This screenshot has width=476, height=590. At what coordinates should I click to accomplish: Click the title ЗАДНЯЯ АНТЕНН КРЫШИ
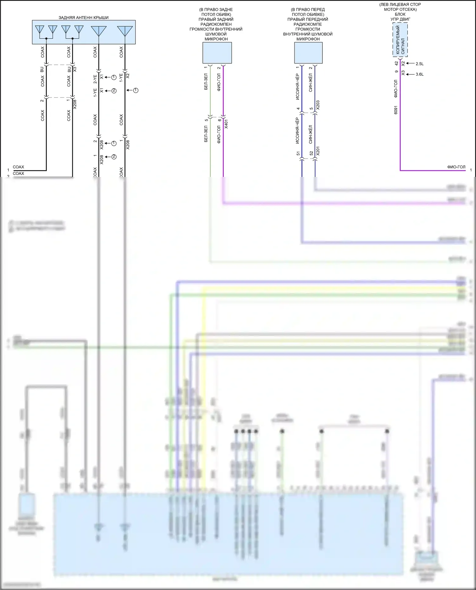[83, 18]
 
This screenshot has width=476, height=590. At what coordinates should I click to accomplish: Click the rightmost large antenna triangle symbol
[125, 30]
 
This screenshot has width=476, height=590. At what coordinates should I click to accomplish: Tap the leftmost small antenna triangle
[40, 29]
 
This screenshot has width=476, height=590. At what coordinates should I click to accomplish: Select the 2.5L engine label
[420, 64]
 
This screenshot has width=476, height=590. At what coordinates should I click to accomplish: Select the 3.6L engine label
[420, 74]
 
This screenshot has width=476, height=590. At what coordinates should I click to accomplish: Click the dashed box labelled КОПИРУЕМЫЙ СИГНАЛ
[400, 40]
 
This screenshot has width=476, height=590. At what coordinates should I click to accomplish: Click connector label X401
[226, 124]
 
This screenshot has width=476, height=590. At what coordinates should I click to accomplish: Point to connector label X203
[318, 105]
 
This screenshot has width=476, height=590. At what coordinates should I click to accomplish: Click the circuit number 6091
[396, 110]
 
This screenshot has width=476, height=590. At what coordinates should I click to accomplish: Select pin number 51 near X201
[298, 153]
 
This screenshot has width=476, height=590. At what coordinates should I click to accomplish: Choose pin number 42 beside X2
[396, 63]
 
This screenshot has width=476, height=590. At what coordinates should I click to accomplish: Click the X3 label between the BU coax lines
[75, 69]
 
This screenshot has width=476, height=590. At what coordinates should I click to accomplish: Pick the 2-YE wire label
[95, 79]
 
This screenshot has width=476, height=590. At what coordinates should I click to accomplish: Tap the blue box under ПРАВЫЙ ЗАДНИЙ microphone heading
[217, 53]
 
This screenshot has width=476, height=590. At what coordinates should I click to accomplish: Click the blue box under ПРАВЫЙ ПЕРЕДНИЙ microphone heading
[308, 53]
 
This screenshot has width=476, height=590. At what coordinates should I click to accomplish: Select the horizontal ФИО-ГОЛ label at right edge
[456, 167]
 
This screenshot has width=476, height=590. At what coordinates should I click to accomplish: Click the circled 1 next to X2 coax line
[136, 90]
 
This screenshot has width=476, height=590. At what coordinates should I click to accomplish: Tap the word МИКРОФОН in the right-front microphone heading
[308, 39]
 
